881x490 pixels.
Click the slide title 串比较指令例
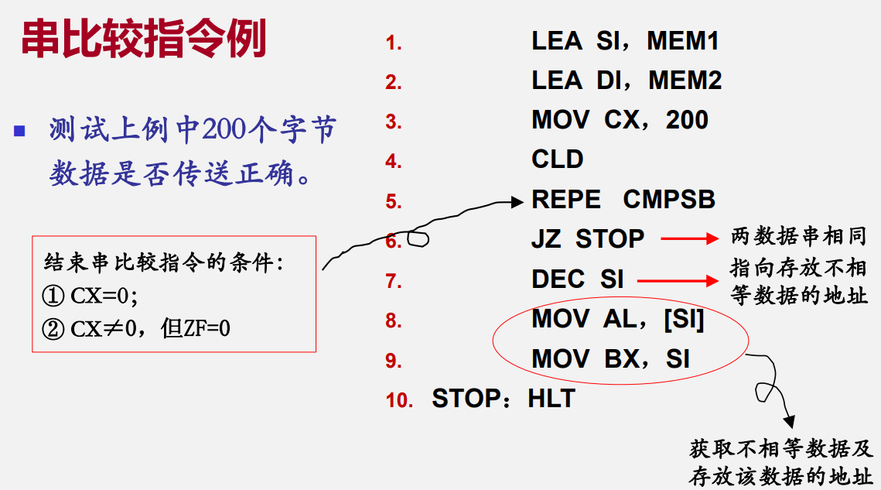click(144, 39)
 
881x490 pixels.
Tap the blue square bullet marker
click(19, 131)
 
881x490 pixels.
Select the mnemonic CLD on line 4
click(558, 159)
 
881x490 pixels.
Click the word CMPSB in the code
click(669, 199)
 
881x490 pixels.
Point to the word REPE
click(565, 199)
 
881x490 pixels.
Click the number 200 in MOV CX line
click(687, 120)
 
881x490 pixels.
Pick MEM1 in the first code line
click(683, 40)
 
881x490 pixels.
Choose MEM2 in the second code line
click(685, 81)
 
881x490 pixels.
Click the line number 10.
click(399, 400)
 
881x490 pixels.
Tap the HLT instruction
click(551, 399)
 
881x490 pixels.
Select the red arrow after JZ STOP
click(689, 239)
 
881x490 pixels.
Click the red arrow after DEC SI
click(678, 281)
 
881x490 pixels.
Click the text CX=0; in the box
click(104, 296)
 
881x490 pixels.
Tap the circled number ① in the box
click(53, 296)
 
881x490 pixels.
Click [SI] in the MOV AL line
click(684, 319)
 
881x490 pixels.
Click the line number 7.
click(393, 281)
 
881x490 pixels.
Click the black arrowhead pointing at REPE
click(517, 201)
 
